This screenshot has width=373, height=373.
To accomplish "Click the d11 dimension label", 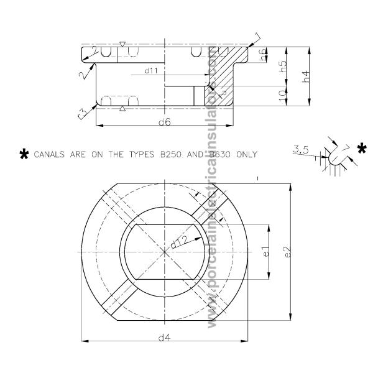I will tap(152, 71).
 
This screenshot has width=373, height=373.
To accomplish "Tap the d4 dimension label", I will tap(163, 338).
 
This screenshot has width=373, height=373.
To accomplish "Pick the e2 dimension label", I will tap(287, 253).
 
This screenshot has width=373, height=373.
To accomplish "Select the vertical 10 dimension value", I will tap(282, 96).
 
